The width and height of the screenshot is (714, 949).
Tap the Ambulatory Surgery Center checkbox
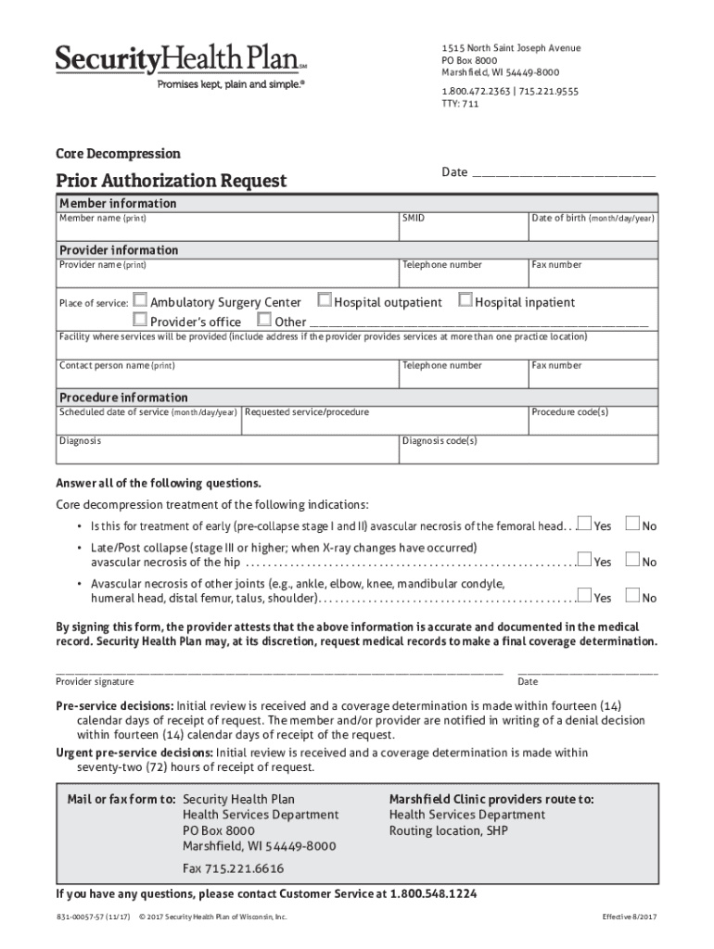140,300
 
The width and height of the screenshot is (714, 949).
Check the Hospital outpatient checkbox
325,300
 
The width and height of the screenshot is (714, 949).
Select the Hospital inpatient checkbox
465,300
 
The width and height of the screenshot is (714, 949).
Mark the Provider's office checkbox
140,320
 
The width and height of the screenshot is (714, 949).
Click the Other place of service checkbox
264,320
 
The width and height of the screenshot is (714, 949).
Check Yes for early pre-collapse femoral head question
584,525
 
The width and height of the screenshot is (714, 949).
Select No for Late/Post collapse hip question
633,560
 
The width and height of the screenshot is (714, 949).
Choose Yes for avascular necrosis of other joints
584,596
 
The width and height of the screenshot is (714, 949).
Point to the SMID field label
413,219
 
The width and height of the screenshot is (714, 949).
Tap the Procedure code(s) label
569,412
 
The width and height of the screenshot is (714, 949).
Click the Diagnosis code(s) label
440,441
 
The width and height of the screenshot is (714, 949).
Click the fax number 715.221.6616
233,868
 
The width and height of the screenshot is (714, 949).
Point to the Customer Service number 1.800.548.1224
434,894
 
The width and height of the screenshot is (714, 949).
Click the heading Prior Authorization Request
172,181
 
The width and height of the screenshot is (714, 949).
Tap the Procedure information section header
123,397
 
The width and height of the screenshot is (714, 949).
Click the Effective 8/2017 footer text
630,917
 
